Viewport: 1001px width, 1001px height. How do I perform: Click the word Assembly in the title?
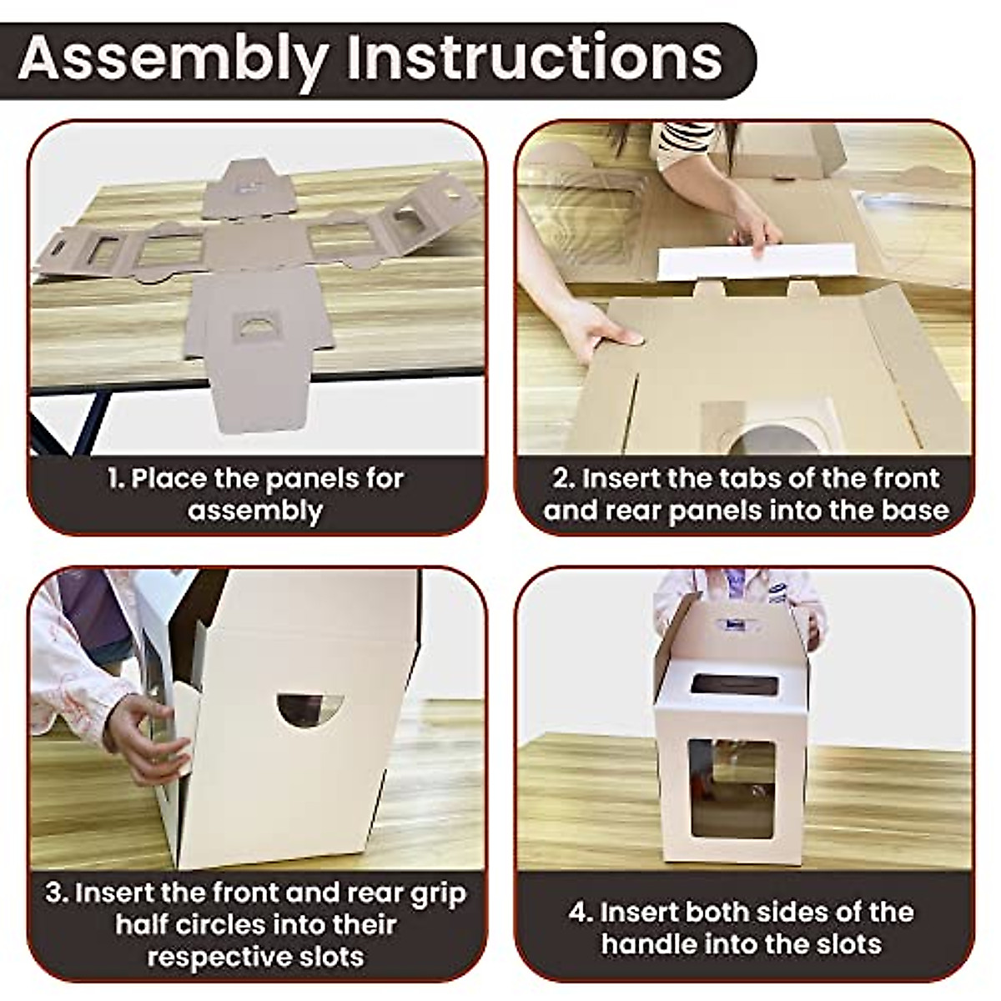[x=173, y=61]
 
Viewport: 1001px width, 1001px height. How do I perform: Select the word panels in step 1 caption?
[x=312, y=479]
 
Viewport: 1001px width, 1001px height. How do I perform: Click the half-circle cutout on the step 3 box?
[x=310, y=707]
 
